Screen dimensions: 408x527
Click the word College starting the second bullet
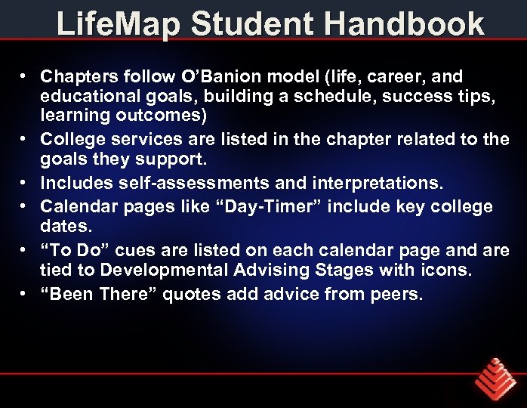[x=71, y=140]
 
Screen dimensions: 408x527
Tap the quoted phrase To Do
[x=70, y=250]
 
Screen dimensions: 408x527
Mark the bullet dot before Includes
[x=25, y=182]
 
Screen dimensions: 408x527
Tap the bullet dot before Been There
[x=25, y=294]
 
